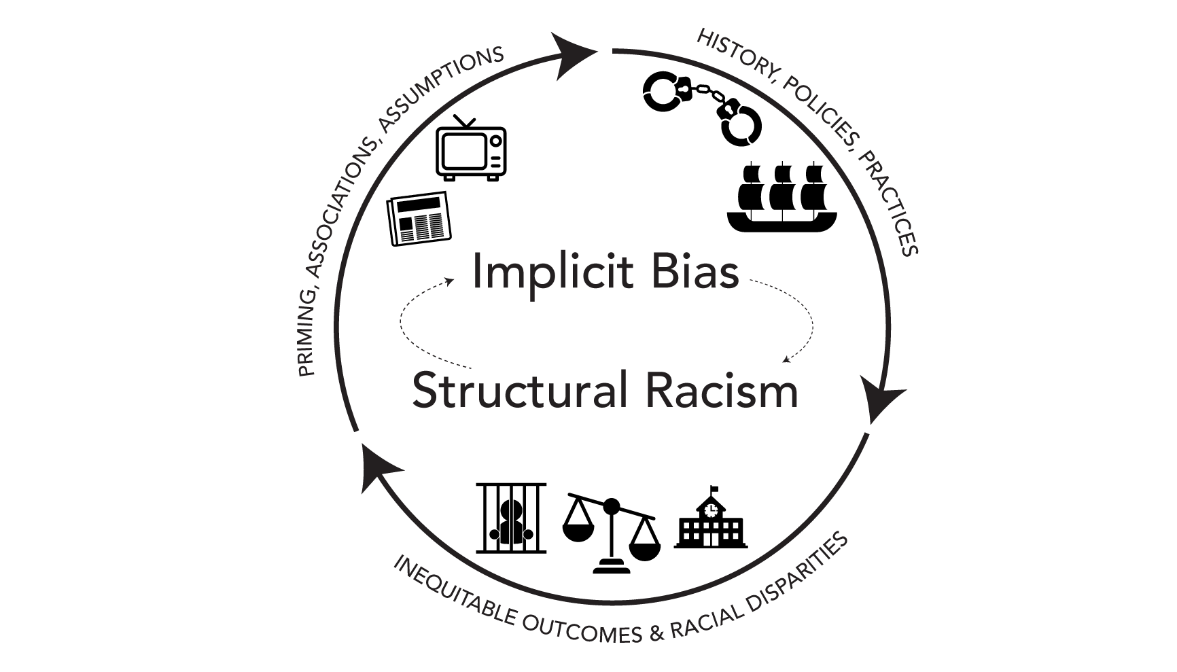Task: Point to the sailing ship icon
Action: pos(781,197)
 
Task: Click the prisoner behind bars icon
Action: pos(511,518)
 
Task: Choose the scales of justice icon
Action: pos(612,533)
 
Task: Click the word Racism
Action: pos(722,391)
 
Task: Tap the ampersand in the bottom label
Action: pos(656,634)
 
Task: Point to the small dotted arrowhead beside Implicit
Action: pos(450,281)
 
